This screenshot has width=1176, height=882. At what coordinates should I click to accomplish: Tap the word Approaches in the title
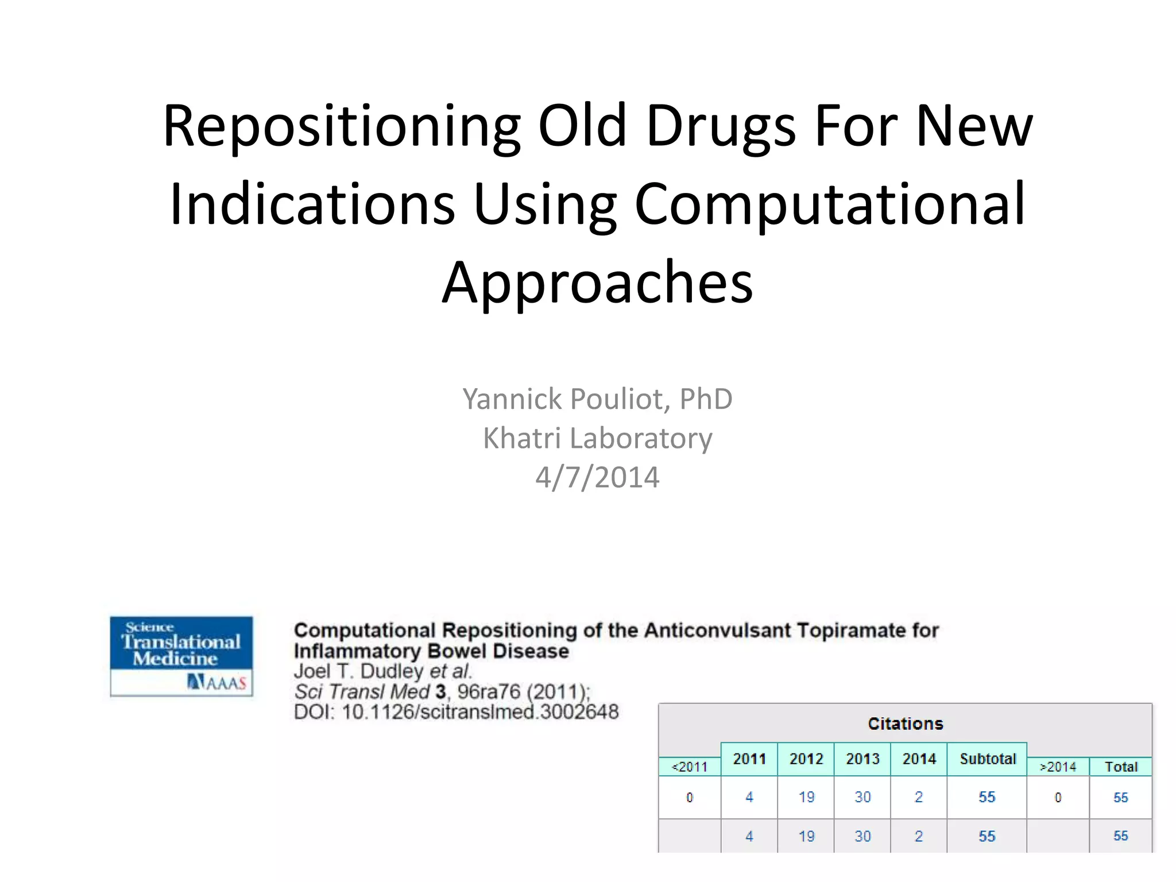[x=597, y=283]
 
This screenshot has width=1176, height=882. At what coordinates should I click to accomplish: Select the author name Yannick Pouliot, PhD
[x=597, y=399]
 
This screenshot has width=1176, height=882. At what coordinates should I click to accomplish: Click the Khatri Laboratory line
[x=597, y=438]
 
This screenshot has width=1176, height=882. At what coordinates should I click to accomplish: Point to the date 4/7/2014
[x=597, y=477]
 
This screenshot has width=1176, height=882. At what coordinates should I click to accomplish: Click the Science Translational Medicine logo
[x=181, y=656]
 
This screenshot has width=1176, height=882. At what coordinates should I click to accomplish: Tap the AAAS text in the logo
[x=225, y=683]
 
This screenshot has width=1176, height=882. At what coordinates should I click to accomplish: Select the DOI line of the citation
[x=456, y=712]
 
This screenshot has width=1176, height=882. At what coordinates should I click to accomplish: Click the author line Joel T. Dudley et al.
[x=382, y=671]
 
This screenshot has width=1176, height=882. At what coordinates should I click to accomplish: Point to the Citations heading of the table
[x=905, y=724]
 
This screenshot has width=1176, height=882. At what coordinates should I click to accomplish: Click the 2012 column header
[x=806, y=759]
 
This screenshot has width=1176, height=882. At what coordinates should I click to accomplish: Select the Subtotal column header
[x=987, y=759]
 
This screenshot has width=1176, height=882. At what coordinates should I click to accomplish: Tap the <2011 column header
[x=690, y=767]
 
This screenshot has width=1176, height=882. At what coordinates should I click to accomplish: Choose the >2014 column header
[x=1058, y=767]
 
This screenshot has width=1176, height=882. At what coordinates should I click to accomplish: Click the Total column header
[x=1120, y=767]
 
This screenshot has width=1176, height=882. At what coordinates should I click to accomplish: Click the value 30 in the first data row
[x=862, y=797]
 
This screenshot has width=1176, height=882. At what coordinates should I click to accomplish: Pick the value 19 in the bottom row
[x=806, y=836]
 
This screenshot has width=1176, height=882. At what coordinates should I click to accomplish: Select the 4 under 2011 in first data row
[x=749, y=797]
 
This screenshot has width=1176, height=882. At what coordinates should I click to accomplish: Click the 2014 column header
[x=919, y=759]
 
